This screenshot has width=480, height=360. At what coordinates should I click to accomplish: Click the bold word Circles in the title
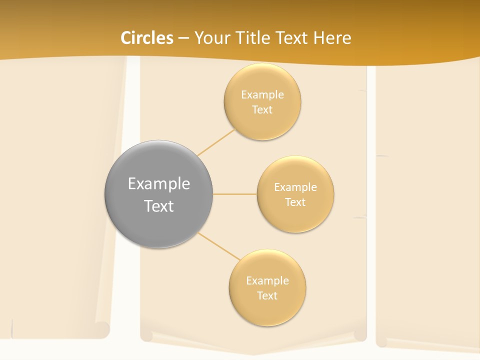(x=146, y=38)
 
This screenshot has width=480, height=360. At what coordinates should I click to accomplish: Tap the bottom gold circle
(x=267, y=310)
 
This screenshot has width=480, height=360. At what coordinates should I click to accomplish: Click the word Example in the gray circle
(x=158, y=184)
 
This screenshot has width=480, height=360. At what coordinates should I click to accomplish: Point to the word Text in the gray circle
(x=158, y=206)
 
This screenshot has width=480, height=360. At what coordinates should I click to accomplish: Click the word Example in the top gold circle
(x=262, y=95)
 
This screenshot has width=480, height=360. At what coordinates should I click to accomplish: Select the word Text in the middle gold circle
(x=295, y=202)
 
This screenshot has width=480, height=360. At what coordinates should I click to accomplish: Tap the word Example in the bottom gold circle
(x=267, y=280)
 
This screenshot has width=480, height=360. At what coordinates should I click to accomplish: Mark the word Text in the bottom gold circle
(x=267, y=295)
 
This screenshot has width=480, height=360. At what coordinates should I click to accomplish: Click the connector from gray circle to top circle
(x=216, y=142)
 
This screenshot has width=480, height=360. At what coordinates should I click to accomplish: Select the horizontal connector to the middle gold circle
(x=235, y=194)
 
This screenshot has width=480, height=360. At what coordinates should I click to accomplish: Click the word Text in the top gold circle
(x=262, y=109)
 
